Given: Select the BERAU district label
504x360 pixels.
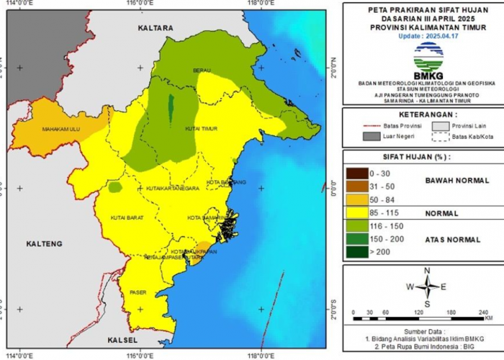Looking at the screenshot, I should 201,71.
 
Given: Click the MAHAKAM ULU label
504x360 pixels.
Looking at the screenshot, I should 60,130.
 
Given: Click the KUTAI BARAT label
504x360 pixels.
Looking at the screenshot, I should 127,217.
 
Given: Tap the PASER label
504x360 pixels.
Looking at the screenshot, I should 138,292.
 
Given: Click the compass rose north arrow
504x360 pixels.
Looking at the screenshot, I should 427,277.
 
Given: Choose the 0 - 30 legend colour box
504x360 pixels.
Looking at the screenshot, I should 355,174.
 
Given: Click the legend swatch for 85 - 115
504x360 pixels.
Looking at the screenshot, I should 355,214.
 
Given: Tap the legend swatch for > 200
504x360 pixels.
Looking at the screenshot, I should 355,252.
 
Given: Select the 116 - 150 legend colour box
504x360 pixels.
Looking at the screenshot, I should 355,226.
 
